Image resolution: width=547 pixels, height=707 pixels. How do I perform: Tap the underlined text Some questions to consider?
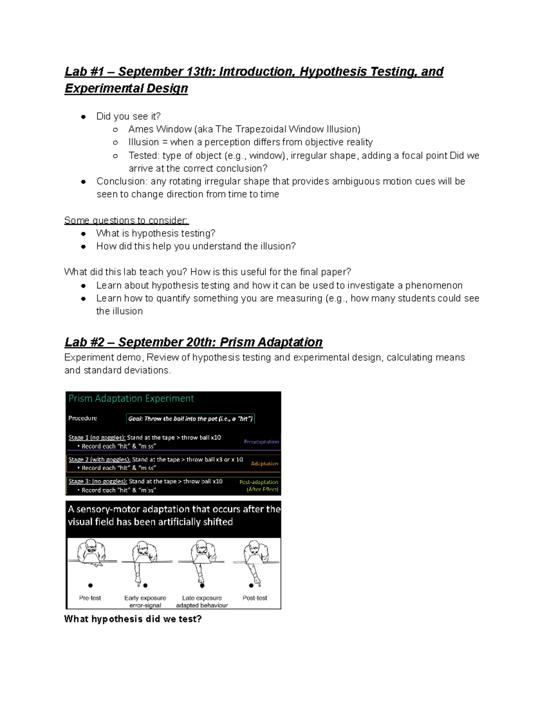pyautogui.click(x=126, y=221)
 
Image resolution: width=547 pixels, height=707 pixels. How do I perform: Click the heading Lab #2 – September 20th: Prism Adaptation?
pyautogui.click(x=193, y=342)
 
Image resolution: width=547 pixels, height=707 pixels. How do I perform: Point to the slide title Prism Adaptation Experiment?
pyautogui.click(x=131, y=398)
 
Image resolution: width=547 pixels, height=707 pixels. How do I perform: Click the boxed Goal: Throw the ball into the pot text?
pyautogui.click(x=190, y=419)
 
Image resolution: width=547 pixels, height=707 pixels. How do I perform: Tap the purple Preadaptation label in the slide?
pyautogui.click(x=261, y=442)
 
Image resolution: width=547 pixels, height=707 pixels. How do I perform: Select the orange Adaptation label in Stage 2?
pyautogui.click(x=264, y=463)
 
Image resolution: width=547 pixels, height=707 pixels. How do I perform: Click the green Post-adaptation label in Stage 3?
pyautogui.click(x=258, y=482)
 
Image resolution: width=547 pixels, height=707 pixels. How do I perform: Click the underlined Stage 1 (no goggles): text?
pyautogui.click(x=97, y=437)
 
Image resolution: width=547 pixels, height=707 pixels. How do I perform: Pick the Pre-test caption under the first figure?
pyautogui.click(x=90, y=598)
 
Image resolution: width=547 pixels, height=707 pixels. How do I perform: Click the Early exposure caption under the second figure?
pyautogui.click(x=145, y=598)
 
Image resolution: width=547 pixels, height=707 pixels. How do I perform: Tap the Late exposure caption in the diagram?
pyautogui.click(x=201, y=598)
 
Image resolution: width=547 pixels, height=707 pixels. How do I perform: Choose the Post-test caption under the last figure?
pyautogui.click(x=255, y=598)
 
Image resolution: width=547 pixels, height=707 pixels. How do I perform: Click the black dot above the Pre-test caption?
pyautogui.click(x=90, y=585)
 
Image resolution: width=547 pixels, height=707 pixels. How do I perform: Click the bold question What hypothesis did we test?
pyautogui.click(x=133, y=619)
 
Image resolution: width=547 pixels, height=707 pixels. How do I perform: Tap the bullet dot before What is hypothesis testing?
pyautogui.click(x=83, y=234)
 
